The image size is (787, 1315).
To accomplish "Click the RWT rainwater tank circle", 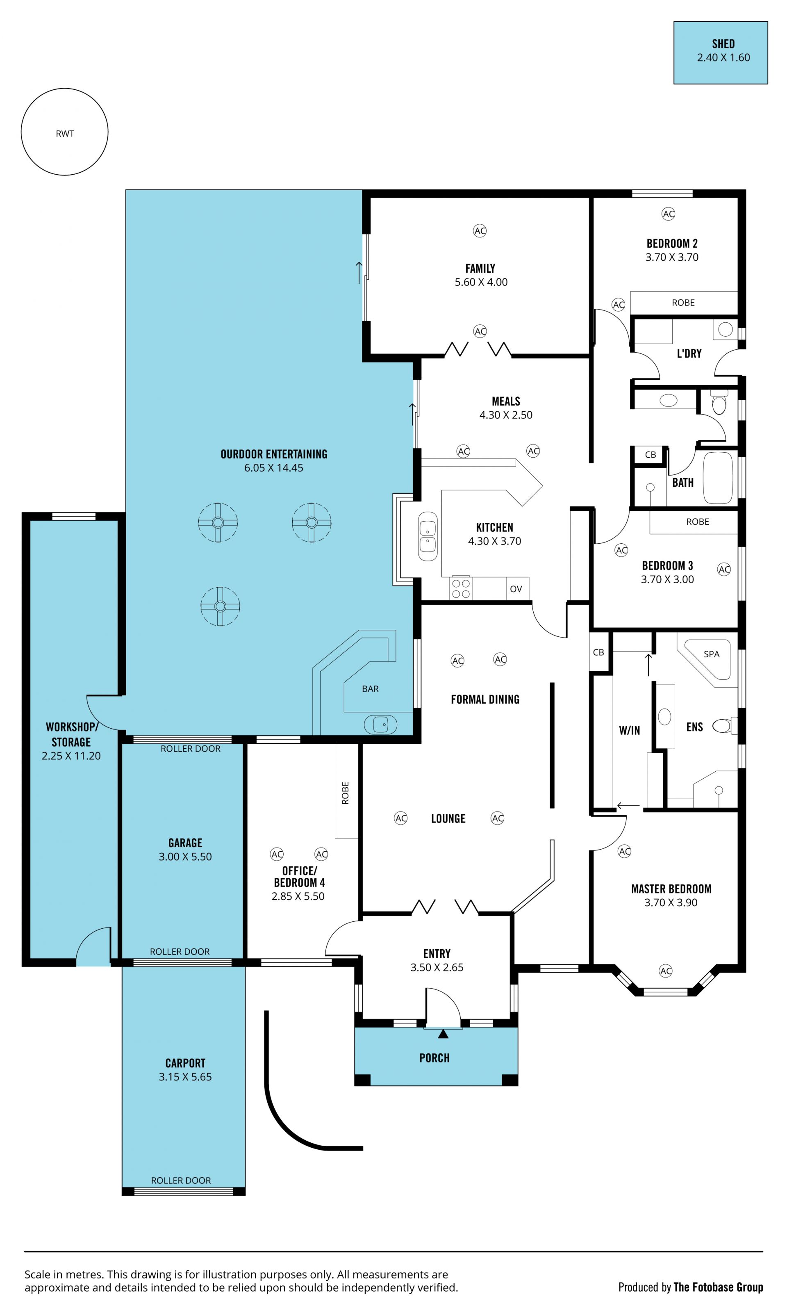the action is coord(65,89).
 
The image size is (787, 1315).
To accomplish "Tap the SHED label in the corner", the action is coord(723,43).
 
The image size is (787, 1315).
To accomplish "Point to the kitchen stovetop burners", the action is coord(461,588).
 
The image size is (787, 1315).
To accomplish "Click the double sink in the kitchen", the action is coord(428,536).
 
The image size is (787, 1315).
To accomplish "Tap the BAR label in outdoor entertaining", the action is coord(370,689).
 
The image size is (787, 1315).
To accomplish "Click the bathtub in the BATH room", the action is coord(718,478).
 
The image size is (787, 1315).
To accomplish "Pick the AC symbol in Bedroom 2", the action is coord(668,214).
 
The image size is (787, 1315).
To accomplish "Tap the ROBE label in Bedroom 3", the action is coord(697,522).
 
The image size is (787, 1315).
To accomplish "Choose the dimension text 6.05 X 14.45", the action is coord(274,468).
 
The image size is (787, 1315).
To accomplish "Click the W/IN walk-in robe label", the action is coord(630,730).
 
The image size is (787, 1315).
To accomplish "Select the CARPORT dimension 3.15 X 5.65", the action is coord(185,1077).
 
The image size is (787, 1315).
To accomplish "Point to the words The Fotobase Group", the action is coord(718,1288).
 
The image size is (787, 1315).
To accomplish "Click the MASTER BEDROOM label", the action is coord(671,889).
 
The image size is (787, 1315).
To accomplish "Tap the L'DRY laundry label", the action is coord(689,353).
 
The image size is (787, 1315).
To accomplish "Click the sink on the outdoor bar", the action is coord(380,724).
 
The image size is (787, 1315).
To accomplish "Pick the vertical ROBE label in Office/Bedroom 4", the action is coord(345,793).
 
